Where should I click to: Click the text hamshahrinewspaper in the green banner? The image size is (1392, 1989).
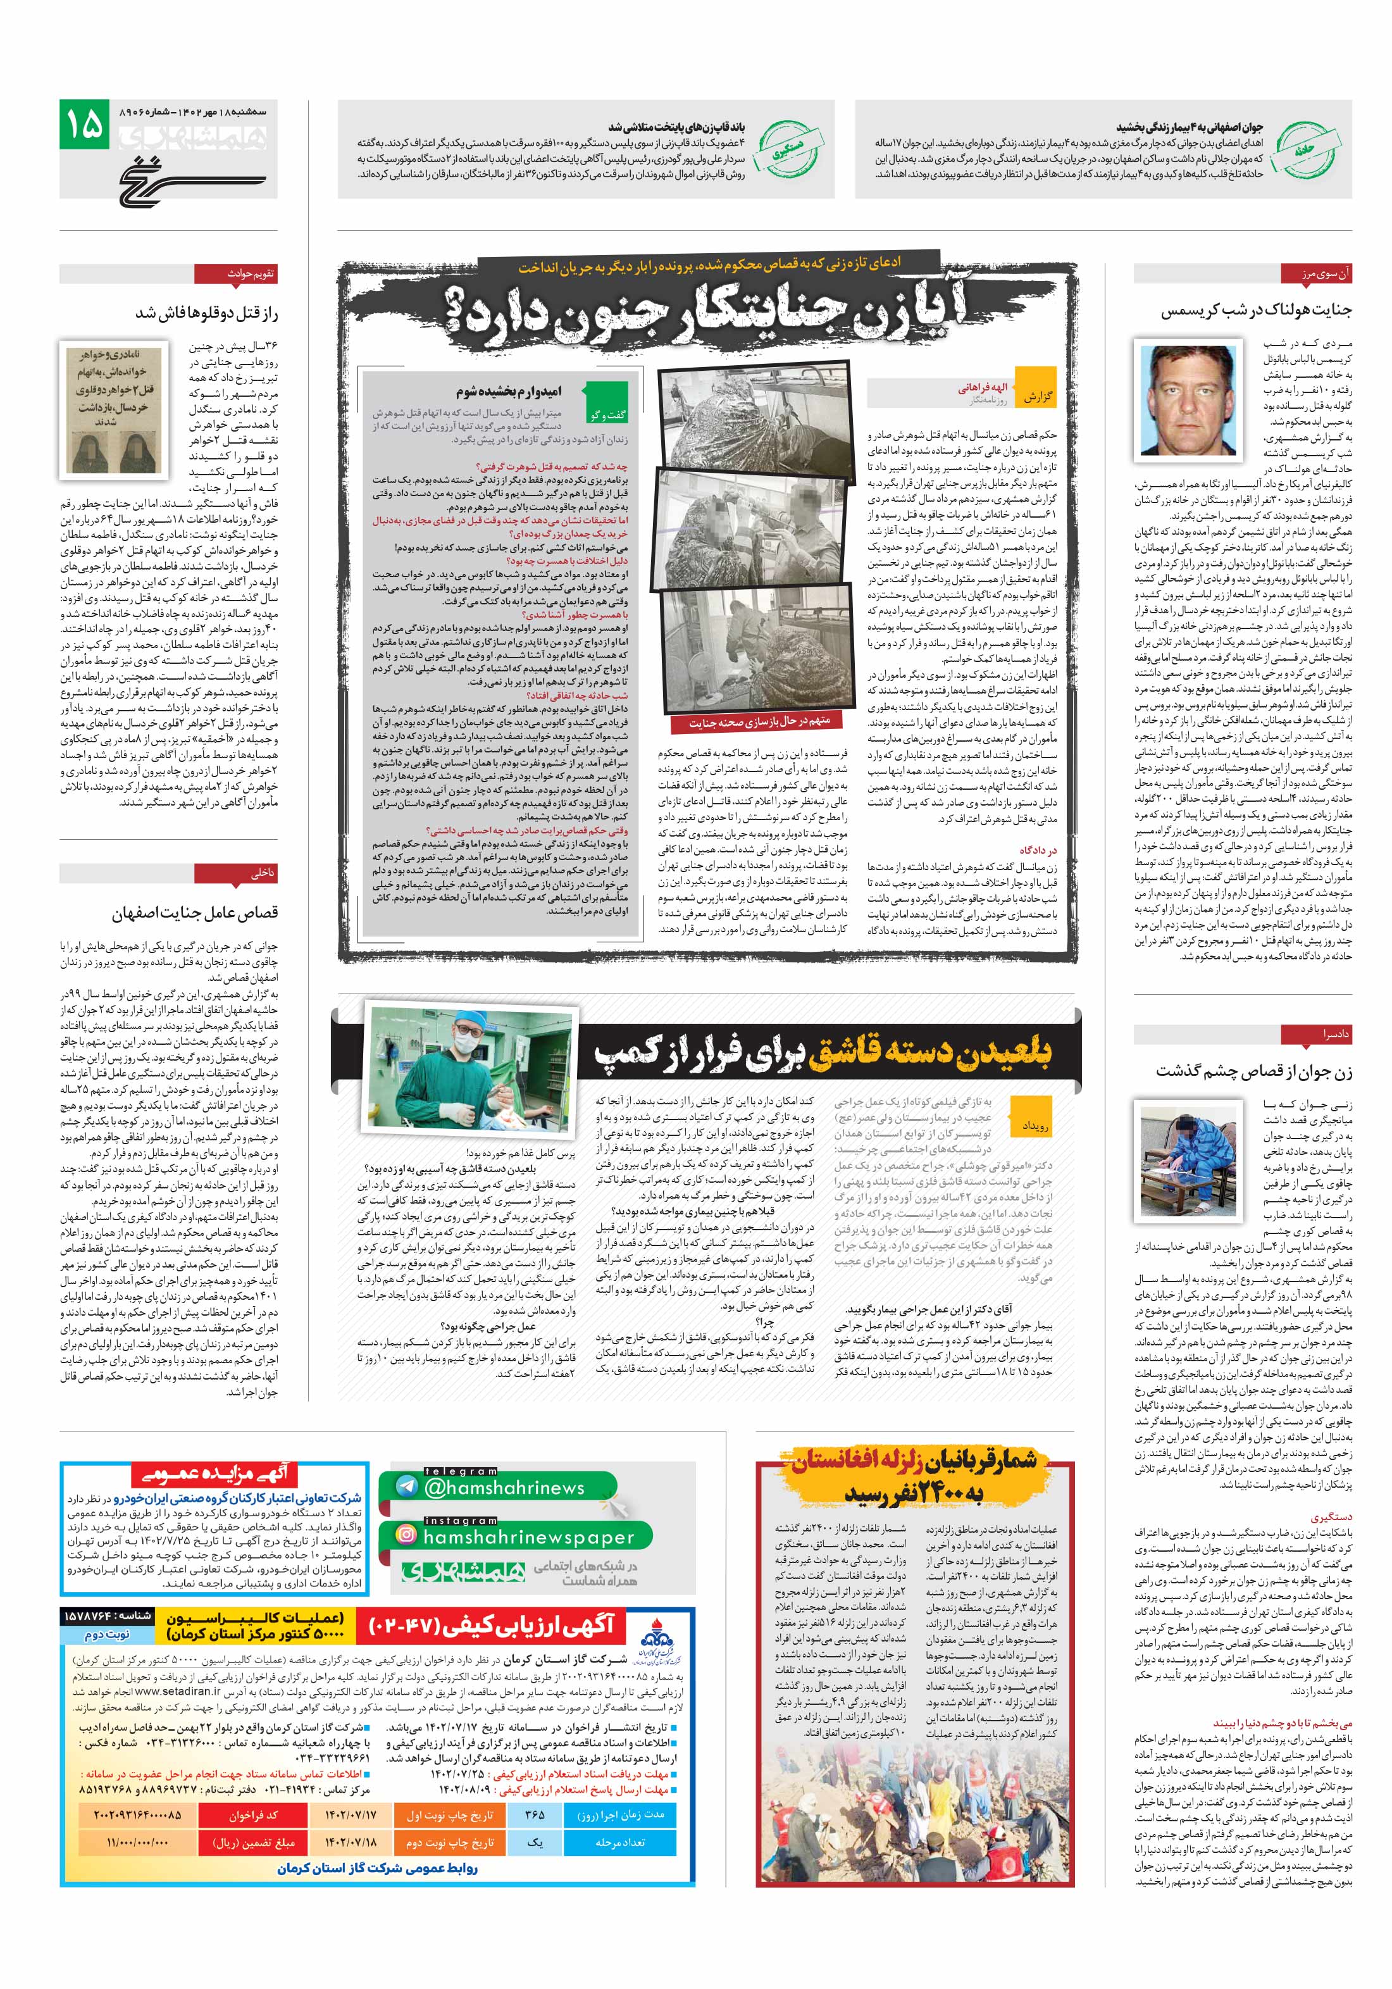point(528,1537)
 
